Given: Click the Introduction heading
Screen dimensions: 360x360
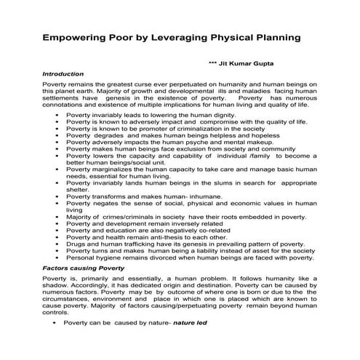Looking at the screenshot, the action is (64, 74).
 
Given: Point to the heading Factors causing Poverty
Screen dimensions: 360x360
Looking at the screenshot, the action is (84, 268).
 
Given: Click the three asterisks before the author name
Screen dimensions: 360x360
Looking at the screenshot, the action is (212, 64).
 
